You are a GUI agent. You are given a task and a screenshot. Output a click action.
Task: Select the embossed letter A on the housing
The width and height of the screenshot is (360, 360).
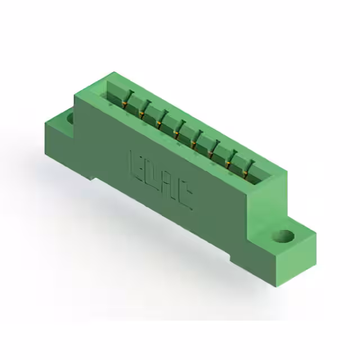coord(169,186)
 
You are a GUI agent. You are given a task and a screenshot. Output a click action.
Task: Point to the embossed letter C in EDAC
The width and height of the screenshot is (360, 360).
coord(185,197)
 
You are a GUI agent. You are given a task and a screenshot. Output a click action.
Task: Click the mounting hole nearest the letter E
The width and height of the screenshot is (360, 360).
coord(70,118)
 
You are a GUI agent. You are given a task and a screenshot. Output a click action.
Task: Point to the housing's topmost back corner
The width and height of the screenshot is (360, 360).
coord(114,73)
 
